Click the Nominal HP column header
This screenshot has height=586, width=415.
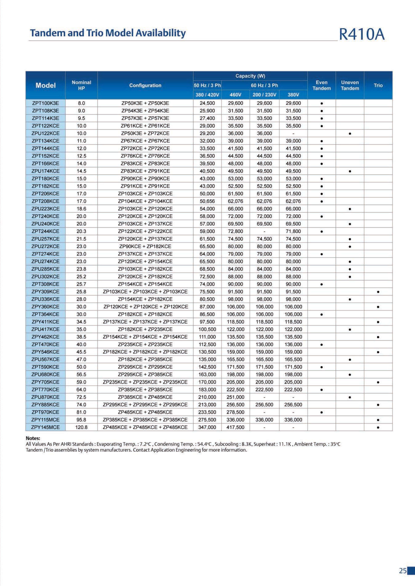pos(81,85)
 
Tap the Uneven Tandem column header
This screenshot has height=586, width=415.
pos(350,85)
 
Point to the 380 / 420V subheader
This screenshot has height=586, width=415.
pos(207,95)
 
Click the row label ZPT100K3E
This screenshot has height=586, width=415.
pos(46,103)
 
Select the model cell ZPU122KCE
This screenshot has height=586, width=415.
pos(46,133)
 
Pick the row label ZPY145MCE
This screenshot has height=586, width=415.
pos(46,427)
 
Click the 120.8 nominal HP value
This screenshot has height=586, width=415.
pos(81,427)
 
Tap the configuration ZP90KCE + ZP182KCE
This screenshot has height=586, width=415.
pos(145,246)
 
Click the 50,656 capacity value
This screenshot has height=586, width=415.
pos(207,201)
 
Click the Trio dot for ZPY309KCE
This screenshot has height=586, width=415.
pos(378,292)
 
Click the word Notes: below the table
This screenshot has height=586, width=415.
pos(33,438)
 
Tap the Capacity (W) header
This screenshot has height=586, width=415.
pos(250,76)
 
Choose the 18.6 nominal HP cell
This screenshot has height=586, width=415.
pos(81,209)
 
